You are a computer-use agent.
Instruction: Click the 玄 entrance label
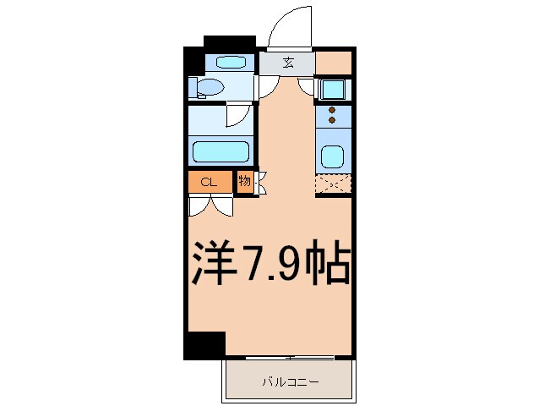[287, 62]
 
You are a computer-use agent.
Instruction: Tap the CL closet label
[210, 182]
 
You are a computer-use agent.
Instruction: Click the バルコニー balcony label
[288, 382]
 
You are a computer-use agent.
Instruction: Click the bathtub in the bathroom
[220, 153]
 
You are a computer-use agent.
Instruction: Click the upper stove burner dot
[332, 109]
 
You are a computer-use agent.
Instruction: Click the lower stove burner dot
[332, 120]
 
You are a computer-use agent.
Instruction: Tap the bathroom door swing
[240, 116]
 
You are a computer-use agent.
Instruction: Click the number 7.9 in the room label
[269, 265]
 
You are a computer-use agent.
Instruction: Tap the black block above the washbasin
[229, 41]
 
